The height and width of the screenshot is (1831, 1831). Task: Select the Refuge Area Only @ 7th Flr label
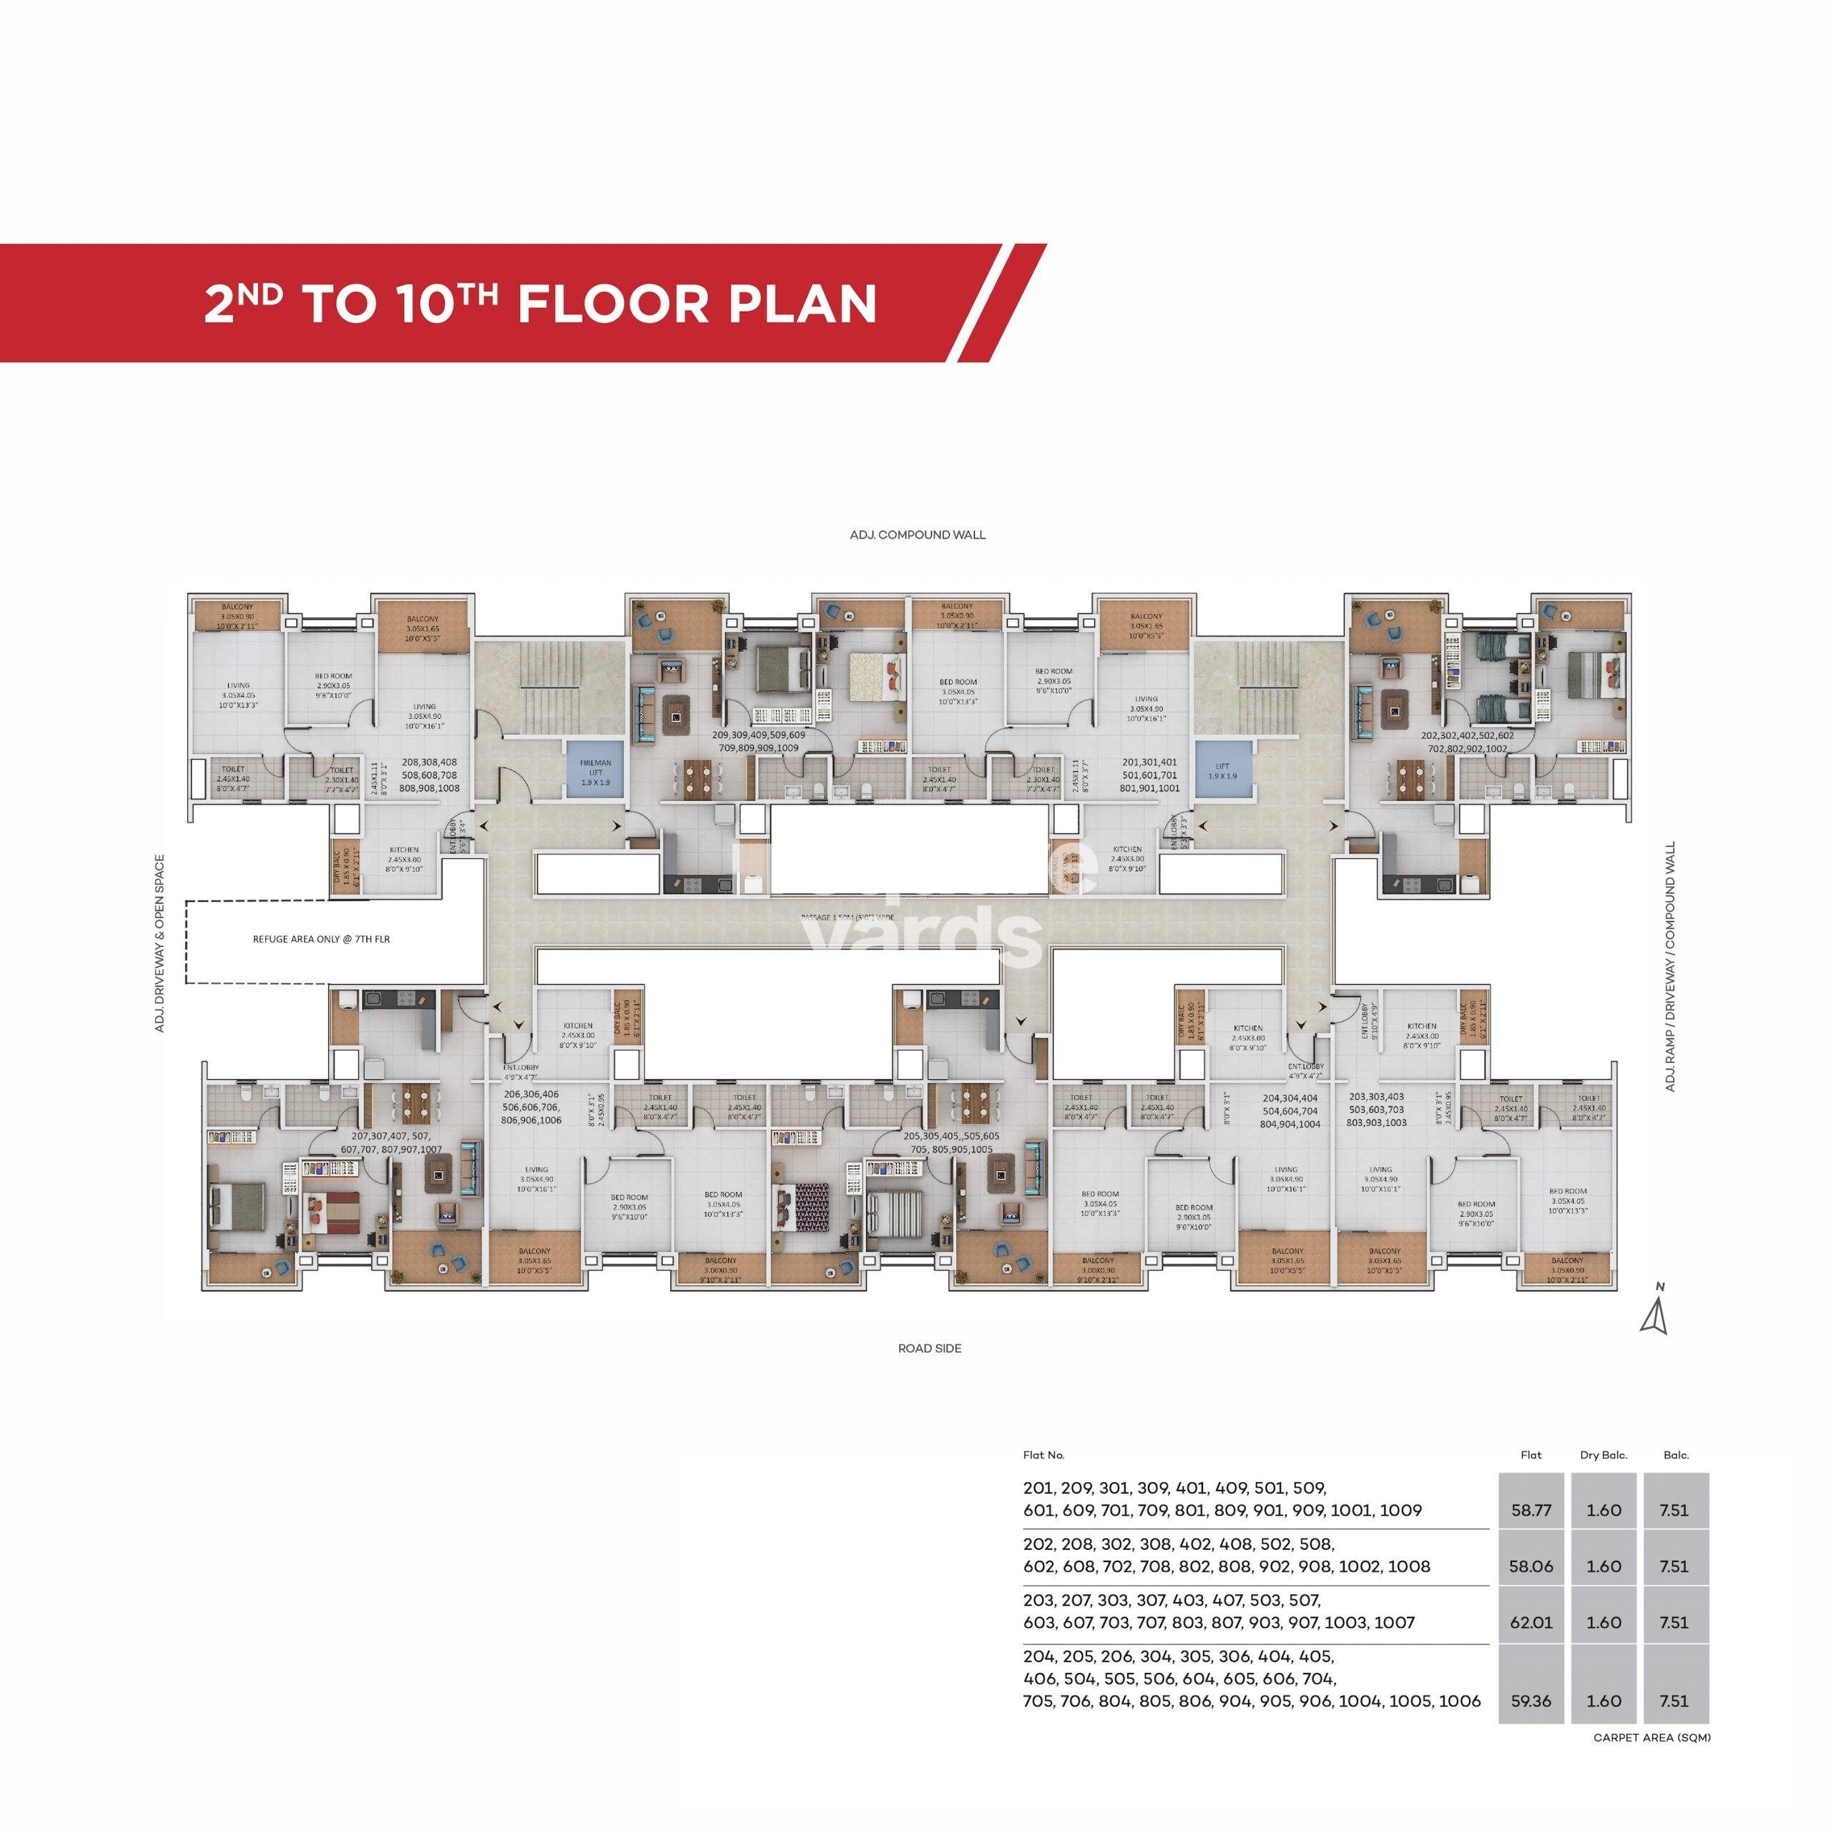(x=321, y=939)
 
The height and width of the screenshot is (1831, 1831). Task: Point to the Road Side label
(x=930, y=1348)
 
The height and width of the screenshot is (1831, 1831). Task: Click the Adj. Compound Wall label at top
(x=918, y=534)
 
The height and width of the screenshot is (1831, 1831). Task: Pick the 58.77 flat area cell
(x=1531, y=1510)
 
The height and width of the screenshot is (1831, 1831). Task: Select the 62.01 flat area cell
(x=1531, y=1621)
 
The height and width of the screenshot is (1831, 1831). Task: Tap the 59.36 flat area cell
(x=1531, y=1700)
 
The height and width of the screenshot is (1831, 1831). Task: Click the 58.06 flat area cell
(x=1531, y=1566)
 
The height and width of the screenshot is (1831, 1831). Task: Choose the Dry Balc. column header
(x=1604, y=1454)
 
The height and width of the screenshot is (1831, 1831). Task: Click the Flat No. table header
(x=1044, y=1454)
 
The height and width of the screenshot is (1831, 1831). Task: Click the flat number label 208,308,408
(x=429, y=761)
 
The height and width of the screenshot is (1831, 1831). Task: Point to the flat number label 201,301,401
(x=1149, y=761)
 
